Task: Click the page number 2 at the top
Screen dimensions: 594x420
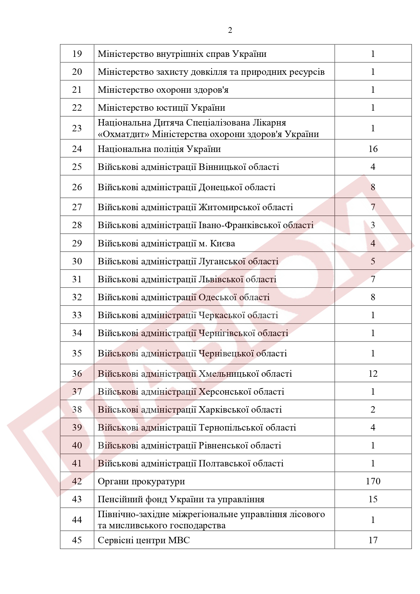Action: pos(230,30)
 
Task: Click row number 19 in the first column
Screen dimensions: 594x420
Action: pos(77,54)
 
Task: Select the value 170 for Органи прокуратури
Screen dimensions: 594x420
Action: pos(373,481)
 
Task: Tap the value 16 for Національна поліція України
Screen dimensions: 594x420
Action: pos(373,149)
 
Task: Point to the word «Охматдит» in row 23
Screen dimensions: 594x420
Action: pos(124,134)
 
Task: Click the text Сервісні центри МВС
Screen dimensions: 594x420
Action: pos(143,540)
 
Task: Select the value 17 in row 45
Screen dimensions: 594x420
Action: pos(373,540)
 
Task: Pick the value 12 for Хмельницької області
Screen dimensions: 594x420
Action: pos(373,374)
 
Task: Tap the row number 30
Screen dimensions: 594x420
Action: pos(77,261)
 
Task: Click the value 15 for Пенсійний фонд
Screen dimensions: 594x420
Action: pos(373,499)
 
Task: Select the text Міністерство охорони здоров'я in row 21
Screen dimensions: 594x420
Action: pos(163,90)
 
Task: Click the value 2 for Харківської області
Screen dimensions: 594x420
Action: pos(373,410)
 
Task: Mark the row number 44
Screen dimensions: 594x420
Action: pos(77,520)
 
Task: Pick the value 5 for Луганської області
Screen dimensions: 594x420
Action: pos(373,261)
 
